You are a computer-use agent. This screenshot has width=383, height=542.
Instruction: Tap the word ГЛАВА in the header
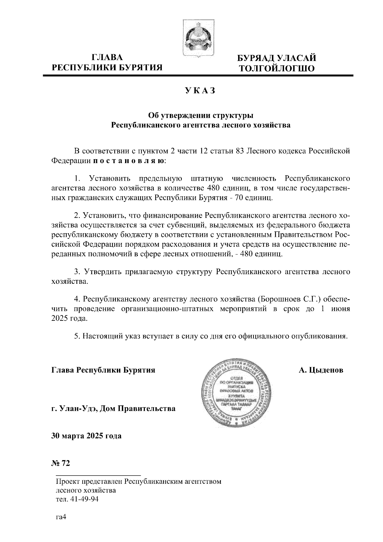(x=107, y=58)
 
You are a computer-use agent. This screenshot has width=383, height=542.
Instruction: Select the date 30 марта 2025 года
(x=86, y=436)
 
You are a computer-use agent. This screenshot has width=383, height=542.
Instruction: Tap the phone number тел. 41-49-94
(x=77, y=500)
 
